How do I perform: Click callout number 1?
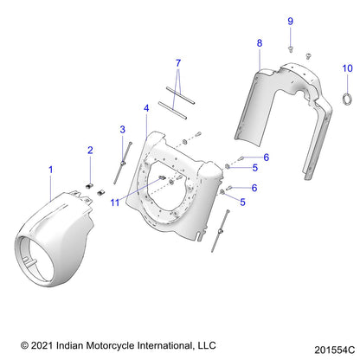pos(50,170)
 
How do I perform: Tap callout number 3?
pos(122,130)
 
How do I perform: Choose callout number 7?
pos(178,63)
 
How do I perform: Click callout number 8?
pos(259,42)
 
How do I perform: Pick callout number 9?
pos(291,21)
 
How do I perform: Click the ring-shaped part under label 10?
pos(346,94)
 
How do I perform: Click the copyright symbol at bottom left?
pos(25,343)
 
